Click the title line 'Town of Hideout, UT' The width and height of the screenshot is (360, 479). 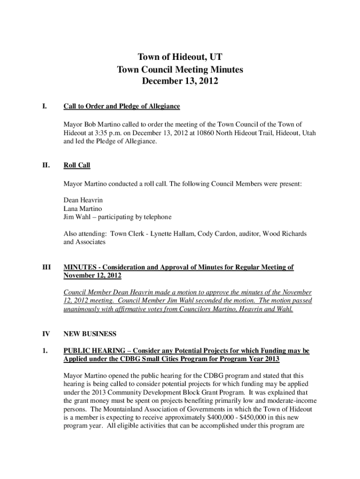180,58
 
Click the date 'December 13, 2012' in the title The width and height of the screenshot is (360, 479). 180,81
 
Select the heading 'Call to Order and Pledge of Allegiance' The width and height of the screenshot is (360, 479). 122,107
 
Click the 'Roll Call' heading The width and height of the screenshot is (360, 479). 77,165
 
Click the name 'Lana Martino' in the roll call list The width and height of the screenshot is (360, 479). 83,208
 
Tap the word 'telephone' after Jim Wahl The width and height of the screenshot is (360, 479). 156,217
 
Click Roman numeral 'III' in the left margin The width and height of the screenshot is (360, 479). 47,267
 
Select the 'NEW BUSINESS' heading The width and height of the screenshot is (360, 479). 89,334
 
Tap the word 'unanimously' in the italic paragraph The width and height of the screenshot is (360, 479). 82,309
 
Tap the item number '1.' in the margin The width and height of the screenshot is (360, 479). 45,351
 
